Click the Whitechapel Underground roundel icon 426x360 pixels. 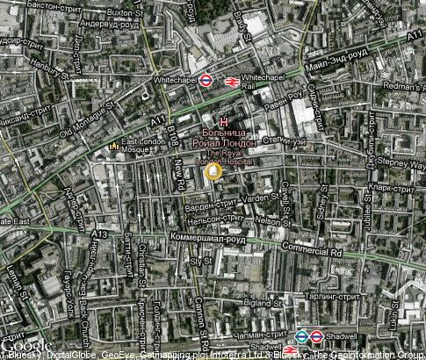(205, 79)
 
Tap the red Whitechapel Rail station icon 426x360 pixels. (228, 81)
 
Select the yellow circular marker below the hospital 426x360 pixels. (213, 173)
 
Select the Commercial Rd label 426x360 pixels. (307, 251)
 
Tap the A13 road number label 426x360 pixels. (98, 234)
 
